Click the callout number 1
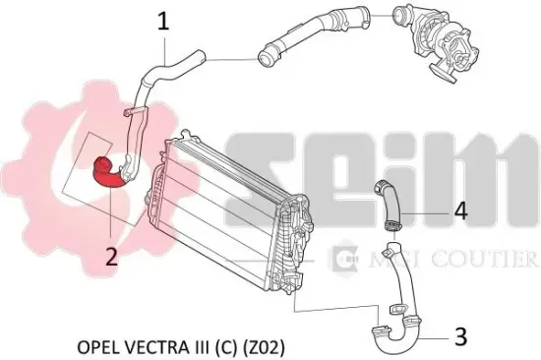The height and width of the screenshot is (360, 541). (x=164, y=22)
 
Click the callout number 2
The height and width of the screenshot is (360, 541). (x=111, y=256)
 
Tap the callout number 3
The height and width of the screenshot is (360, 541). (x=461, y=336)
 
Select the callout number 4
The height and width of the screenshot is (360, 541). (x=461, y=211)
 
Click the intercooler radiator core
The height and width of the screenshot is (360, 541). (x=220, y=208)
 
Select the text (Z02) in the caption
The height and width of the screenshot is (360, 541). (x=265, y=347)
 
